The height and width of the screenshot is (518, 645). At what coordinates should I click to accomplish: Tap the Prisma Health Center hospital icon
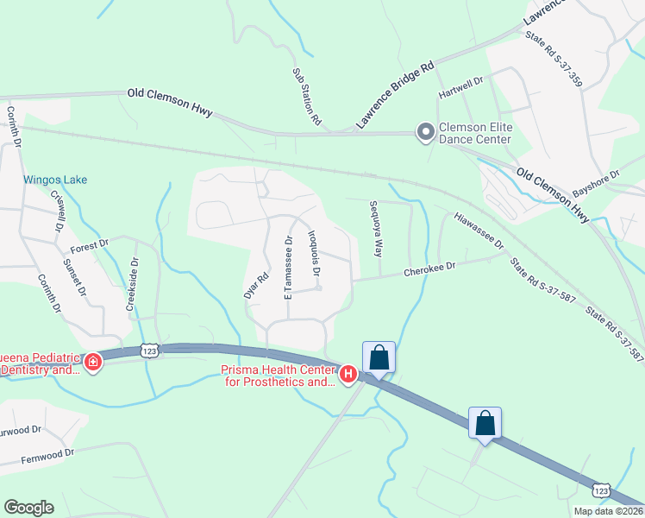(x=348, y=374)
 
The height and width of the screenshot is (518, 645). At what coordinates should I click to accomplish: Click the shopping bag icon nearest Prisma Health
(x=379, y=357)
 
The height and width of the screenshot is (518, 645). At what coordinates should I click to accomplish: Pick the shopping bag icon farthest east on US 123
(x=485, y=423)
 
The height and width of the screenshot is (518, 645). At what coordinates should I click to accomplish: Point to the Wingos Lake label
(x=54, y=180)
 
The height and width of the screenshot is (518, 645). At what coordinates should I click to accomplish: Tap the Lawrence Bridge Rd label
(x=394, y=96)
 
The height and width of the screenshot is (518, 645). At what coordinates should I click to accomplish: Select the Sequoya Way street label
(x=374, y=230)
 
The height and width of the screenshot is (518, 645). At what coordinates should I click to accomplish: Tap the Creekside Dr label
(x=133, y=284)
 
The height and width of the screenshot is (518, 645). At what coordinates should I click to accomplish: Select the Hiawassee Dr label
(x=479, y=231)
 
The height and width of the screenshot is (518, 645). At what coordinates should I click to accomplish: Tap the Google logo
(x=28, y=508)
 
